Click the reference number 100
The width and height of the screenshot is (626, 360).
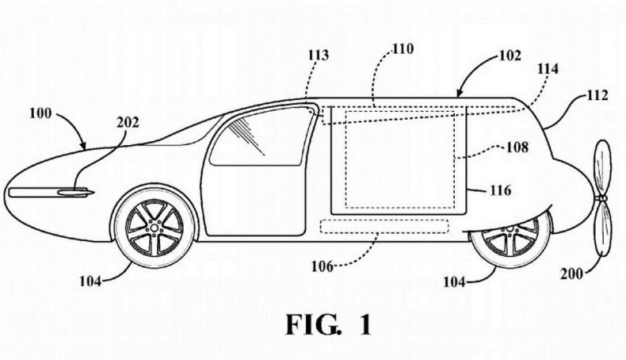point(40,113)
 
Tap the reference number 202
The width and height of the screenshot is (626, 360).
point(128,122)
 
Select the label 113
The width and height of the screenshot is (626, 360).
point(318,55)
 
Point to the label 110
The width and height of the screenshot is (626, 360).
point(403,48)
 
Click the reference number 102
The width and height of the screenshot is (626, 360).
point(510,56)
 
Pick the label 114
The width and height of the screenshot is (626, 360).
point(548,69)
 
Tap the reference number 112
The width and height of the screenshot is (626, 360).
point(597,95)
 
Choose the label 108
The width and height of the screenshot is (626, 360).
point(517,147)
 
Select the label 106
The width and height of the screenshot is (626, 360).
point(323,266)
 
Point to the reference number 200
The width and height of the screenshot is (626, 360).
point(571,274)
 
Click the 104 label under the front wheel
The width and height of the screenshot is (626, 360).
point(90,281)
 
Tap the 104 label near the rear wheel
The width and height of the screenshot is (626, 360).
point(454,282)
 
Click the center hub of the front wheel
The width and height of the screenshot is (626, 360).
point(154,228)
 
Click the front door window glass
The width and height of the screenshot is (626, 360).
point(260,136)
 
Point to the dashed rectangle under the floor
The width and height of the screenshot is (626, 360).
point(384,227)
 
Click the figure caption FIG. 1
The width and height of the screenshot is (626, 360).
point(329,325)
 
